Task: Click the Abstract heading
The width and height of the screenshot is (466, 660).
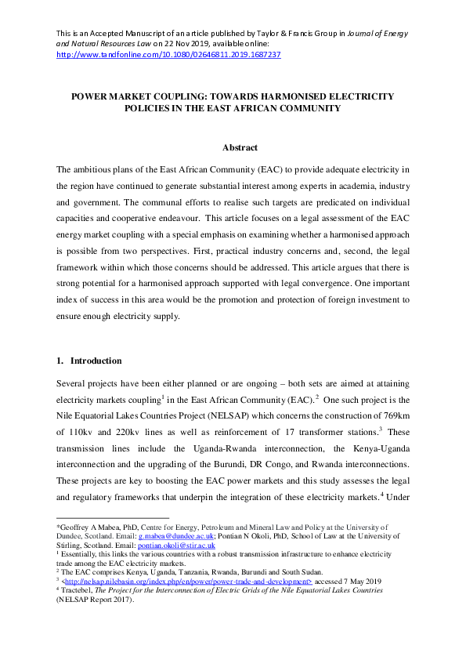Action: click(233, 147)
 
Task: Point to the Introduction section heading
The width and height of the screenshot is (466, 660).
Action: click(96, 361)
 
